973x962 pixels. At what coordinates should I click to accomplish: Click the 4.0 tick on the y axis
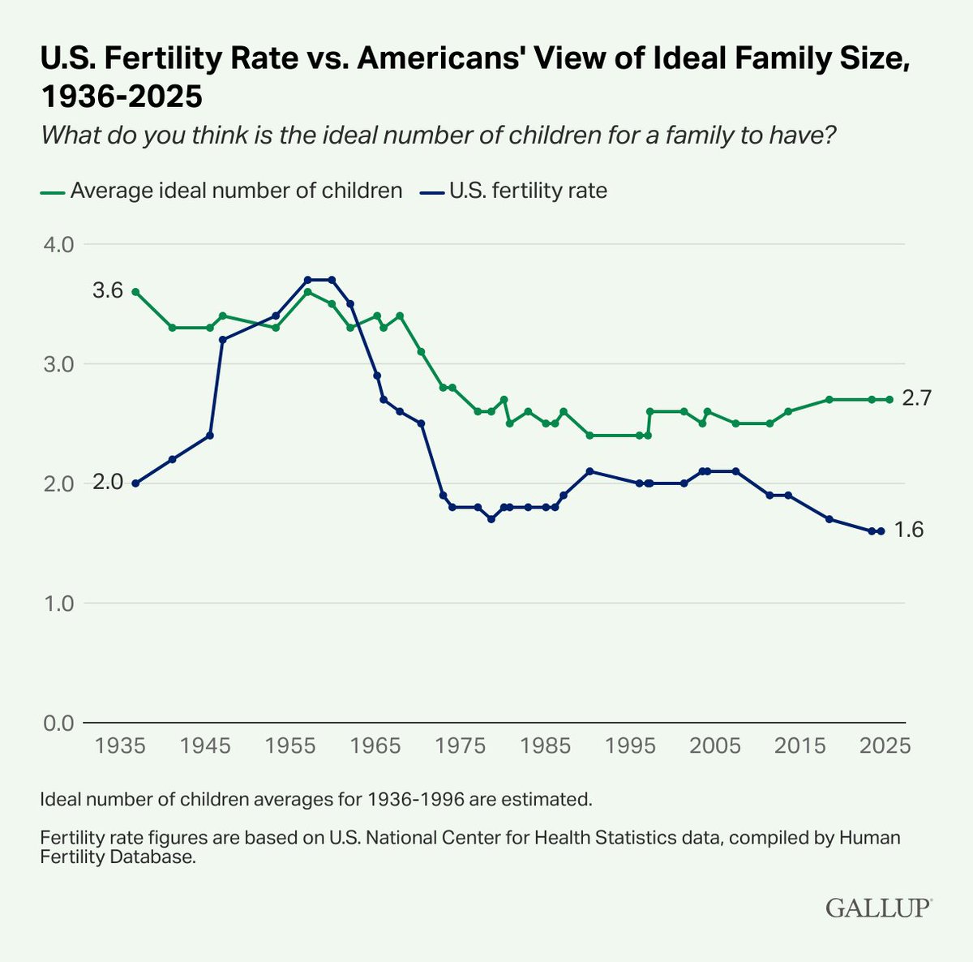[x=58, y=245]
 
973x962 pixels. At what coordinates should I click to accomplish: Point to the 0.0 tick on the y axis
[x=58, y=723]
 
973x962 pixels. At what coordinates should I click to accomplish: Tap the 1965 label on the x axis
[x=375, y=745]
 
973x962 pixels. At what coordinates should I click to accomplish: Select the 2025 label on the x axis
[x=885, y=745]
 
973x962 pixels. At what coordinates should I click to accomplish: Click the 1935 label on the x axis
[x=120, y=745]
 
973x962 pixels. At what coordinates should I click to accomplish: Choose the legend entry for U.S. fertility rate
[x=513, y=191]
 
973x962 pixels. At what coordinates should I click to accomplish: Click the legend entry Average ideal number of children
[x=221, y=191]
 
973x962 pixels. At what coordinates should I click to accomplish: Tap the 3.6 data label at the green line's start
[x=108, y=290]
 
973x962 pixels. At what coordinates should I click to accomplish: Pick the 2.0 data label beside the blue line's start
[x=108, y=482]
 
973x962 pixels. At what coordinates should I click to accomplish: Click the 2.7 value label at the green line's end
[x=916, y=398]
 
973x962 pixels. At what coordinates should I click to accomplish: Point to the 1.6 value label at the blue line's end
[x=909, y=530]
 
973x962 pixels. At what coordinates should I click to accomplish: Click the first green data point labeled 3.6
[x=135, y=292]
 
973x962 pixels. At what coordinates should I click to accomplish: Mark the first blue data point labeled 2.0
[x=135, y=483]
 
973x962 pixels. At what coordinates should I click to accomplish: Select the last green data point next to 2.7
[x=889, y=400]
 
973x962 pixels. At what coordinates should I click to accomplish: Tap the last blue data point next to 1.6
[x=881, y=531]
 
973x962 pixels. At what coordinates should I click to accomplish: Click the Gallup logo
[x=879, y=908]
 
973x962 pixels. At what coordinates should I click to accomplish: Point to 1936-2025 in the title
[x=121, y=96]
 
